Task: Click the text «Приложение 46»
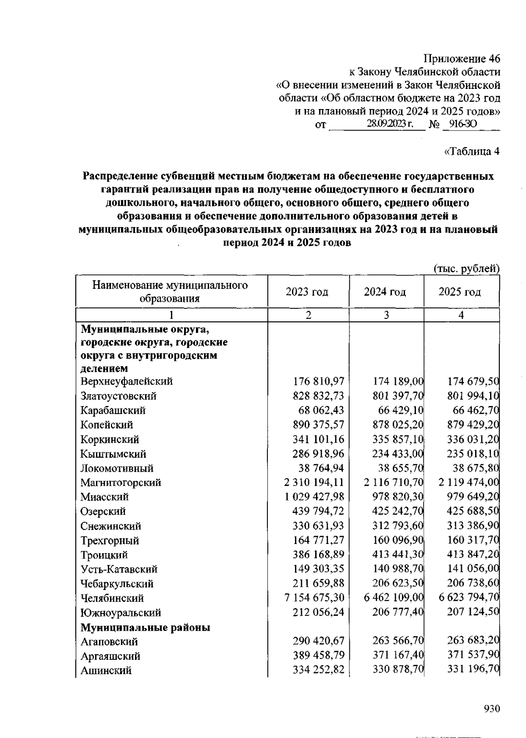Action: [x=462, y=59]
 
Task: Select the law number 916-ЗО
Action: [x=462, y=124]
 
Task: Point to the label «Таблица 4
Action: [x=472, y=152]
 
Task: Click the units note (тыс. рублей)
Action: [x=466, y=268]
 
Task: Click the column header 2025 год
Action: [x=459, y=292]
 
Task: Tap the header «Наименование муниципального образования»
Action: [x=170, y=292]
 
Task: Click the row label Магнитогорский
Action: [x=121, y=483]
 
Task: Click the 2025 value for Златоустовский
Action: [x=473, y=396]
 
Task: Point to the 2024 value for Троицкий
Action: [x=398, y=554]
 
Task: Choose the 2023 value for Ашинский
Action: [x=318, y=670]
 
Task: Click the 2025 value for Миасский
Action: [x=473, y=497]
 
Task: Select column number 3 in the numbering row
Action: [x=386, y=315]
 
